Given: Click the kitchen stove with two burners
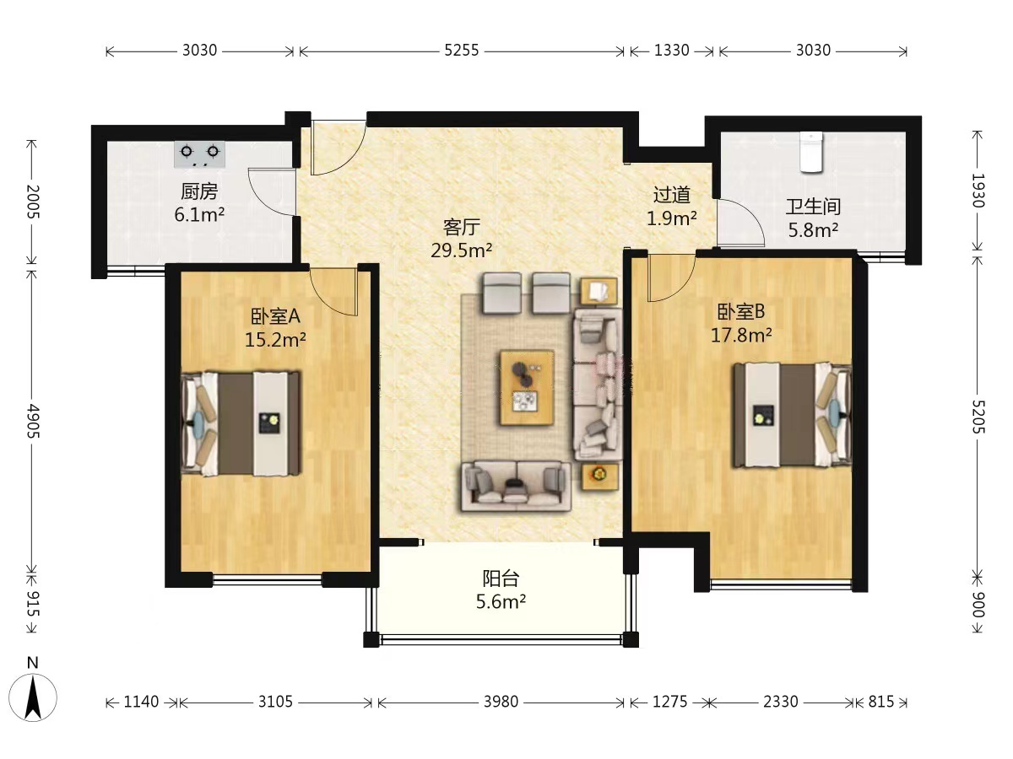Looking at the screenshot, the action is pos(199,154).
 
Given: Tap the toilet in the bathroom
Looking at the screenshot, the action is pos(811,152).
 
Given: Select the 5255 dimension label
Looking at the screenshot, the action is pos(462,50).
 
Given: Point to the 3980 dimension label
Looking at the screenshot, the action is pos(501,702).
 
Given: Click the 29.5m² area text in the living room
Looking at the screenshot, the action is pos(462,250).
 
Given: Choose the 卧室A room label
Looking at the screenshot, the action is pos(275,315).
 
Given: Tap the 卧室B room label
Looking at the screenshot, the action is pos(740,311).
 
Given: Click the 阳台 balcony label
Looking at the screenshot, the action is pos(501,578).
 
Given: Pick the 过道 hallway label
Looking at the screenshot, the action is pos(671,195).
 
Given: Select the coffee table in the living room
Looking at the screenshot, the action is pos(527,388).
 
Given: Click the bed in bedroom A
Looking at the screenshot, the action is pos(241,423).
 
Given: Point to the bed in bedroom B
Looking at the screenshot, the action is pos(793,415).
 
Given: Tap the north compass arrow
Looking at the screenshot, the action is pos(33,697).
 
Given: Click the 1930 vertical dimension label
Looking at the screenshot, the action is pos(978,191).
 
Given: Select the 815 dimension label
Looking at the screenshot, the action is pos(881,702).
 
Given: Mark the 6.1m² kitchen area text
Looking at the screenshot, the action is pos(199,214).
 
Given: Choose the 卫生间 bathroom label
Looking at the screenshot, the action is pos(813,207).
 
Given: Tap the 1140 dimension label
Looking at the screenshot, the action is pos(141,702).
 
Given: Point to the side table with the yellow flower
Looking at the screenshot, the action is pos(599,476).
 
